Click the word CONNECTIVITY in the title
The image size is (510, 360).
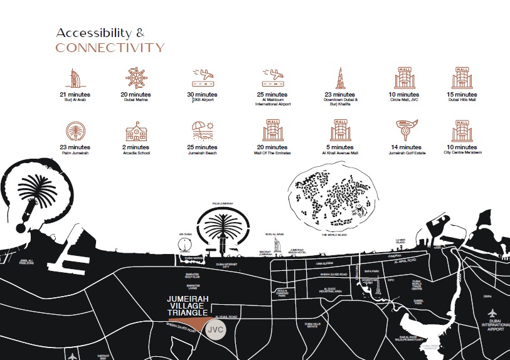tap(110, 48)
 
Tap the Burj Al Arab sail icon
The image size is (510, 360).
tap(72, 78)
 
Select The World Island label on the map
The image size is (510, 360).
tap(334, 235)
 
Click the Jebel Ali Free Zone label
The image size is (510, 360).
tap(27, 262)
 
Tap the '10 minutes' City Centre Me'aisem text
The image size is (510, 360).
tap(460, 147)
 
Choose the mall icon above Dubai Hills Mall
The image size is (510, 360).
tap(460, 78)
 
